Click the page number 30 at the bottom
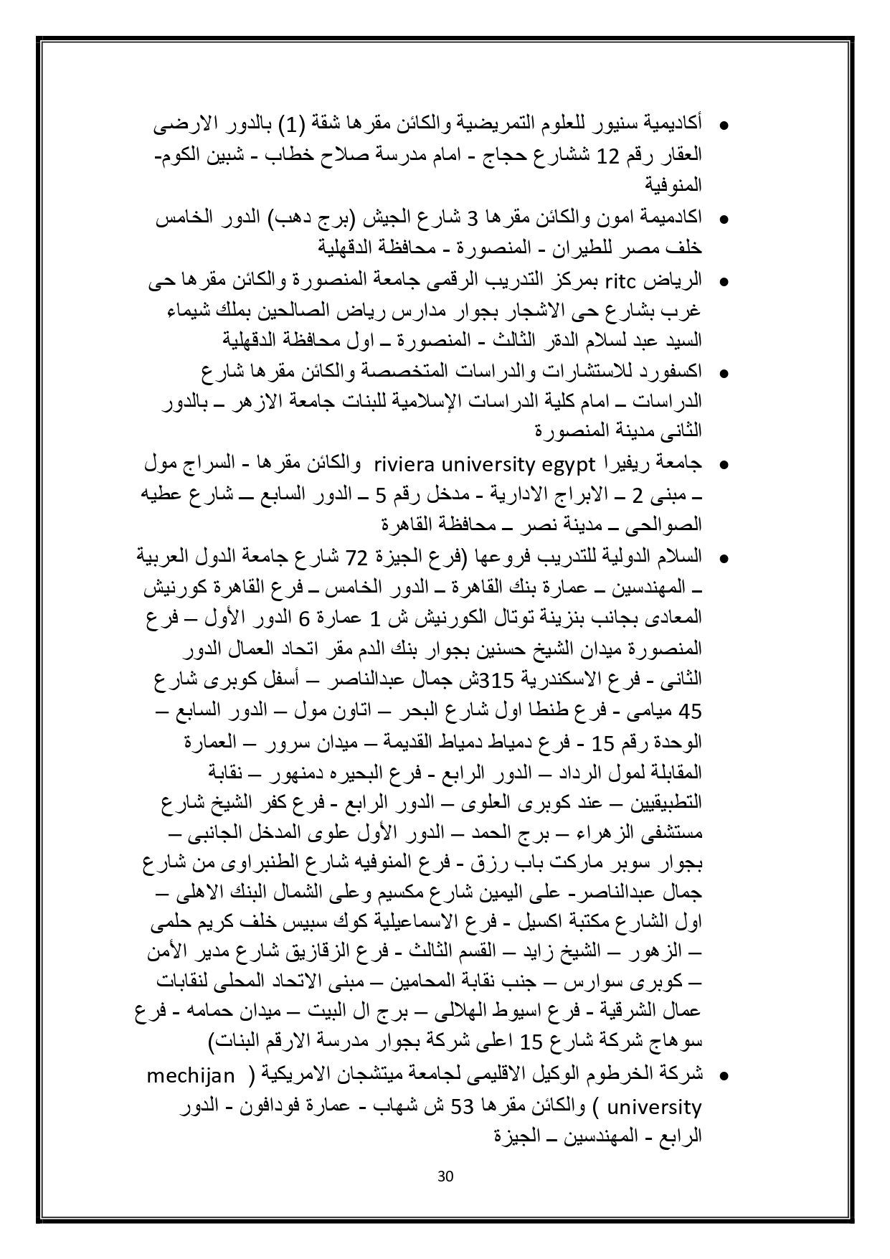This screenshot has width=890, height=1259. pos(445,1177)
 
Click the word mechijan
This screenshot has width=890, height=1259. pos(191,1075)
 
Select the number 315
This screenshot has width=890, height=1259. pos(494,679)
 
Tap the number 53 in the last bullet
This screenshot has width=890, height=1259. pos(458,1107)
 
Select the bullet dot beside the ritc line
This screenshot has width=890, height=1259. pos(724,280)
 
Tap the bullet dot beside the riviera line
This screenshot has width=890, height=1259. pos(724,466)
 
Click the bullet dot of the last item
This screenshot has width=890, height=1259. pos(724,1077)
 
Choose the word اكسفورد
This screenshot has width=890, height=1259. pos(674,372)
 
